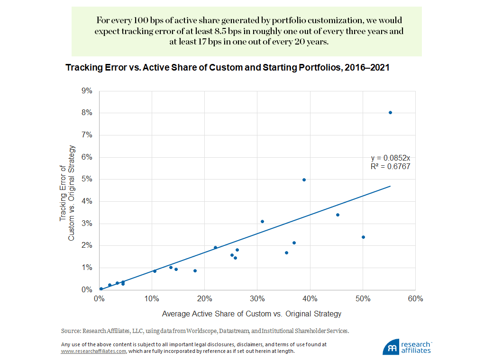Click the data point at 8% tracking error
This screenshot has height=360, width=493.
pos(390,112)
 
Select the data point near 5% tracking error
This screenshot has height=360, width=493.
pos(304,180)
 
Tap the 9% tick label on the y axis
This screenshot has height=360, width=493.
pos(88,90)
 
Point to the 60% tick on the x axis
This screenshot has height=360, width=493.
pos(415,299)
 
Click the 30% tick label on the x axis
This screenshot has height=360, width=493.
pos(257,299)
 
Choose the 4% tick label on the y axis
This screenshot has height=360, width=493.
pos(88,201)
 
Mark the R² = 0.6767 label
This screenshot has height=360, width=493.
pos(390,166)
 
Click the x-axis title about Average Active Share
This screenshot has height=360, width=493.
pos(251,314)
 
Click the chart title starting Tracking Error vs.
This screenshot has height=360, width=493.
pos(227,68)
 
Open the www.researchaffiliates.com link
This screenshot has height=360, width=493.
pos(93,351)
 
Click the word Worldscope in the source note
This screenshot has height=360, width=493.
pos(196,331)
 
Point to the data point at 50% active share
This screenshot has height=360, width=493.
pos(363,237)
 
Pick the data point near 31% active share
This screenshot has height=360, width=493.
pos(262,221)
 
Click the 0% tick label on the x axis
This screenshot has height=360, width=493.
pos(99,299)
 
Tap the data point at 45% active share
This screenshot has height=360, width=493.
pos(338,215)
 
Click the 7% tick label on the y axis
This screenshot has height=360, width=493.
pos(88,135)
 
